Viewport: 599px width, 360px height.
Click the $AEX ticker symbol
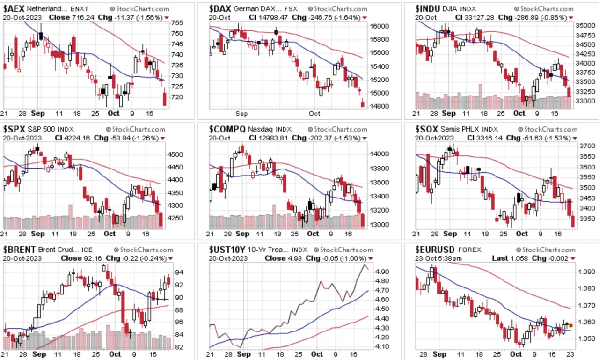[14, 9]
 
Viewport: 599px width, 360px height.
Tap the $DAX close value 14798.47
[272, 18]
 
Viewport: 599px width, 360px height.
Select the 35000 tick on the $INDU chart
[585, 26]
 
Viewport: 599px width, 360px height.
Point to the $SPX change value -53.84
[120, 138]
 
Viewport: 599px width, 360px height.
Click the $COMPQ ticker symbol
[227, 129]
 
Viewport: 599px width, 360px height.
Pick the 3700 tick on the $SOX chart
[587, 146]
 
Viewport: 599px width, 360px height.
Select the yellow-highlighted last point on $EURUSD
[571, 325]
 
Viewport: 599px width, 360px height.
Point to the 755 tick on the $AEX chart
[177, 23]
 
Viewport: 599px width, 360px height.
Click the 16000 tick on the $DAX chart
[379, 26]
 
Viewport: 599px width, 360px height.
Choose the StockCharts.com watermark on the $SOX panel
[548, 130]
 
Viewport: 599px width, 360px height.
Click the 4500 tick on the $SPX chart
[175, 154]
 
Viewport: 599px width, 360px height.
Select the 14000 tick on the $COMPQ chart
[379, 154]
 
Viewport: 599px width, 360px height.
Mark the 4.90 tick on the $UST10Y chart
[382, 272]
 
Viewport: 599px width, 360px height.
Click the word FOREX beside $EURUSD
[469, 250]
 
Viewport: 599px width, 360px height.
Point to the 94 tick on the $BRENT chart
[179, 272]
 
